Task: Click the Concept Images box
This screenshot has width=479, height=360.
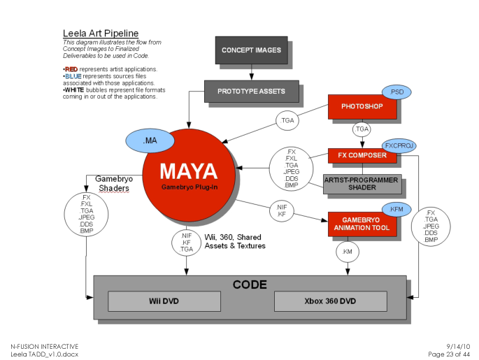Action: click(x=251, y=50)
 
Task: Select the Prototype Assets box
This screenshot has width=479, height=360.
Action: click(x=252, y=91)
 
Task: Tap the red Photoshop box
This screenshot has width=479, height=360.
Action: click(x=362, y=106)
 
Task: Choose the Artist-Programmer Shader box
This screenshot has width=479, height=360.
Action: click(x=362, y=184)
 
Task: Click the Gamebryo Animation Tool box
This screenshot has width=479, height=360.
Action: click(x=362, y=224)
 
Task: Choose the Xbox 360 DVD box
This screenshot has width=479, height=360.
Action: click(x=329, y=301)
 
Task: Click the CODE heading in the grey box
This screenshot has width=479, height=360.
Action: click(x=250, y=285)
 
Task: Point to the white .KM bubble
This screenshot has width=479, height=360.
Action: click(x=348, y=251)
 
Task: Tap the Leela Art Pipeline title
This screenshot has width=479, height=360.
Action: click(x=100, y=33)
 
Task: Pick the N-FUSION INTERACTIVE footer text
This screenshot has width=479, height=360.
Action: click(x=44, y=347)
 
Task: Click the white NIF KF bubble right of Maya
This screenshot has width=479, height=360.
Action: click(x=282, y=210)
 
